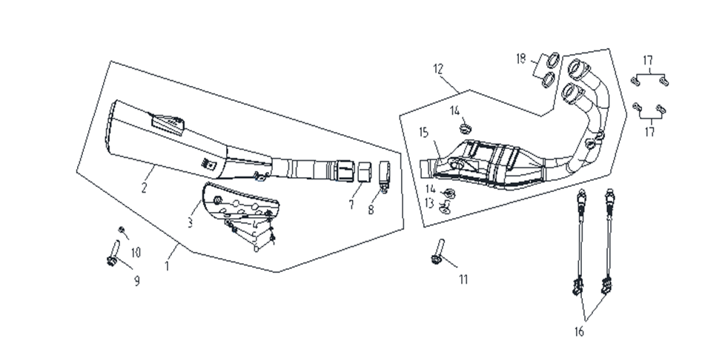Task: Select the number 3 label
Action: point(190,222)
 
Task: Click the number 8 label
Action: point(371,210)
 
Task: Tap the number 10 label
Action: point(136,253)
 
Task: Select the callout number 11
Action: point(463,280)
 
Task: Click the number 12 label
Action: point(438,69)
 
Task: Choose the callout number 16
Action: point(579,331)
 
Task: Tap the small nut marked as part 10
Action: point(122,229)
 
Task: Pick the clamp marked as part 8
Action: point(384,177)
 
